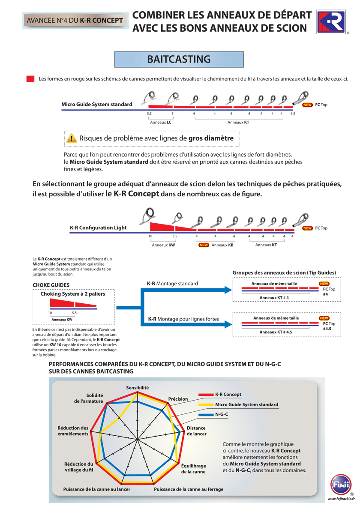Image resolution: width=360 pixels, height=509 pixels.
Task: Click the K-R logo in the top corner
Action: pyautogui.click(x=331, y=22)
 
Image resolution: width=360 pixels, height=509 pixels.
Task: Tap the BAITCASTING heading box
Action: pyautogui.click(x=179, y=59)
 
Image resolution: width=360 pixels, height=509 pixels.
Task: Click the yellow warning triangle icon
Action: pyautogui.click(x=72, y=138)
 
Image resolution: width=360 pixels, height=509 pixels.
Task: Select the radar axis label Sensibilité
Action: pyautogui.click(x=137, y=387)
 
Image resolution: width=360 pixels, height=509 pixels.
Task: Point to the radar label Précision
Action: pyautogui.click(x=178, y=399)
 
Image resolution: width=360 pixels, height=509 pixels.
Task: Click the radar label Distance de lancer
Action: pyautogui.click(x=196, y=431)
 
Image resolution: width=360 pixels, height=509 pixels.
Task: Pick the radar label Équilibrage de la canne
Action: pyautogui.click(x=193, y=468)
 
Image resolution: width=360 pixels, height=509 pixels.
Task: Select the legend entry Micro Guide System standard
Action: pyautogui.click(x=246, y=404)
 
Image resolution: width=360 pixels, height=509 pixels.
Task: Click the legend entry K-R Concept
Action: pyautogui.click(x=228, y=394)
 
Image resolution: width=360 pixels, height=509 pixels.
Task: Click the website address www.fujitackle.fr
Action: pyautogui.click(x=341, y=499)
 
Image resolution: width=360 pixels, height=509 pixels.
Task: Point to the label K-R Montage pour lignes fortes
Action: pyautogui.click(x=183, y=319)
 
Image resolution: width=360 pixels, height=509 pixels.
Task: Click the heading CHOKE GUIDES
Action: pyautogui.click(x=51, y=284)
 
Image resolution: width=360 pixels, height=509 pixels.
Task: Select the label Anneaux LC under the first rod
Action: pyautogui.click(x=161, y=122)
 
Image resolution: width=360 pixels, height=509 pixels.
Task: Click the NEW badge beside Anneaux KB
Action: pyautogui.click(x=204, y=245)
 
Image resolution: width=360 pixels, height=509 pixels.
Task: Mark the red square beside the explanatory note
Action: pyautogui.click(x=30, y=79)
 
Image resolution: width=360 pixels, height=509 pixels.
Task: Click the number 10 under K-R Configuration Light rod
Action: pyautogui.click(x=150, y=236)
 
